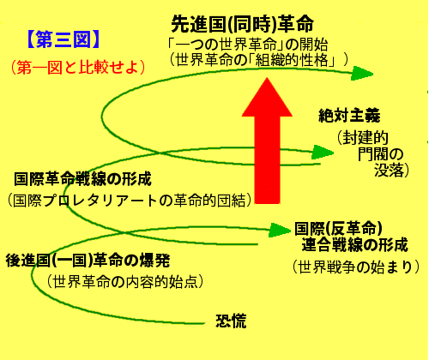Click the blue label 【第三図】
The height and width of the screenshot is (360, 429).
tap(63, 39)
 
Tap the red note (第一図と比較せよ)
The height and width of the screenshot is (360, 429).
tap(78, 68)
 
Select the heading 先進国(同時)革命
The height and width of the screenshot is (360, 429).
tap(243, 24)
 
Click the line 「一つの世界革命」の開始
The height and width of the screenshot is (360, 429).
tap(248, 45)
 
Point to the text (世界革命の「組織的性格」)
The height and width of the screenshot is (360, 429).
tap(259, 60)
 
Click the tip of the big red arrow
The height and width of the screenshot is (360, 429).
tap(267, 78)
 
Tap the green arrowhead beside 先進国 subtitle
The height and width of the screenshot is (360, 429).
tap(362, 74)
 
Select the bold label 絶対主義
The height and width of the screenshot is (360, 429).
tap(349, 116)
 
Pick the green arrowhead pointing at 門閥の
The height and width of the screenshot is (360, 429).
tap(323, 153)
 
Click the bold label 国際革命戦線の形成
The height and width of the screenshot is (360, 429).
tap(82, 179)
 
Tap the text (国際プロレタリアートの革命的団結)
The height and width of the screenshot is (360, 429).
tap(130, 200)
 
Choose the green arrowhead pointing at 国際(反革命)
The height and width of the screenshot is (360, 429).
tap(280, 230)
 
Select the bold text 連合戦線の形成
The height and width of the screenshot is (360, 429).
tap(355, 245)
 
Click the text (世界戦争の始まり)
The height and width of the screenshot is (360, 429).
tap(356, 267)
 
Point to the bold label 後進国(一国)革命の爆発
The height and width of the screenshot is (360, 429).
tap(88, 261)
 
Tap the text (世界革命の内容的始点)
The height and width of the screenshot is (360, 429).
tap(125, 282)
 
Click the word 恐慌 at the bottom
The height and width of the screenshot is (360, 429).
tap(231, 321)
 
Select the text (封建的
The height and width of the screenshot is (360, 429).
tap(362, 138)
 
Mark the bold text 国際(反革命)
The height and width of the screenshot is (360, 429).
tap(339, 228)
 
